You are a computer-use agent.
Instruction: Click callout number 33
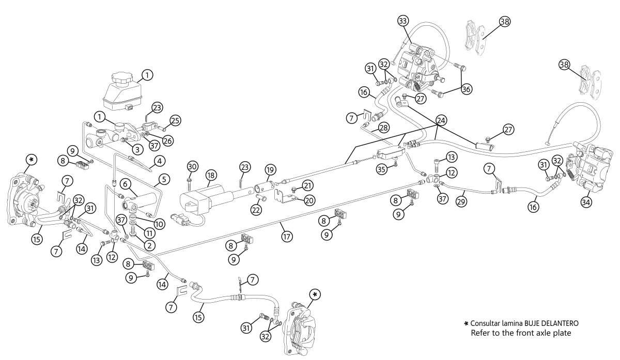tap(403, 21)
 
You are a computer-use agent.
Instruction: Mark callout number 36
tap(466, 88)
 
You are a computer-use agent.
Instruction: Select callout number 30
tap(192, 166)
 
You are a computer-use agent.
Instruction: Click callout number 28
tap(383, 127)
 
